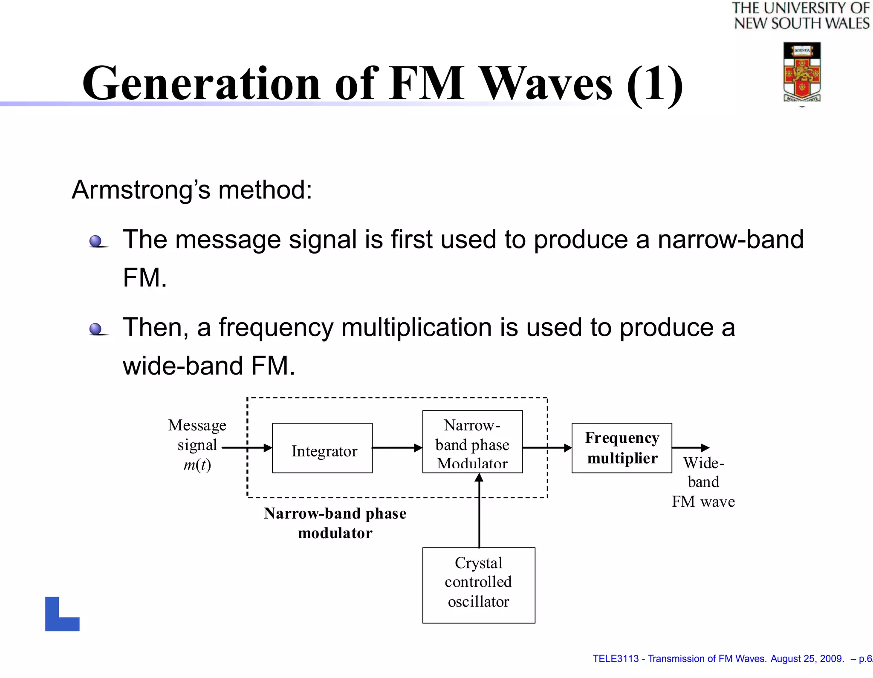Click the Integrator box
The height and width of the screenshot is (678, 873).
(322, 448)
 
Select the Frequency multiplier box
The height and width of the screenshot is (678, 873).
(622, 448)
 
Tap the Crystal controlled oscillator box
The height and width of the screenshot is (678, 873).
(478, 585)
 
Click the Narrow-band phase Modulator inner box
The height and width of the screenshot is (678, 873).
(472, 442)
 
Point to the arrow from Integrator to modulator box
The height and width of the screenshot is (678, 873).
(397, 448)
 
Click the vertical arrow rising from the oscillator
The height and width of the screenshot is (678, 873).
(479, 511)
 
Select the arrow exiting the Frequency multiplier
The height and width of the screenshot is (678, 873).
(690, 448)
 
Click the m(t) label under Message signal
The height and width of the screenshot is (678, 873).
(197, 465)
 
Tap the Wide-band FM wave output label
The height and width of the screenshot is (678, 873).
(703, 482)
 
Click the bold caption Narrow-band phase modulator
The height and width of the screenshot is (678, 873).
(335, 523)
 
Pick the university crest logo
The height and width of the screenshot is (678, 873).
(802, 72)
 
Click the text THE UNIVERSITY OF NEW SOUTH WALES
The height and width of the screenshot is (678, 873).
(801, 16)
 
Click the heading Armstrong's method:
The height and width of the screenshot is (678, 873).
(192, 190)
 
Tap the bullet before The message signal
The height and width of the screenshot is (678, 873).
(96, 242)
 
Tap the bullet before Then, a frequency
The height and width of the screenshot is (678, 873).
(96, 329)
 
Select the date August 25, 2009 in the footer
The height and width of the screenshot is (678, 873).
(807, 659)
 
